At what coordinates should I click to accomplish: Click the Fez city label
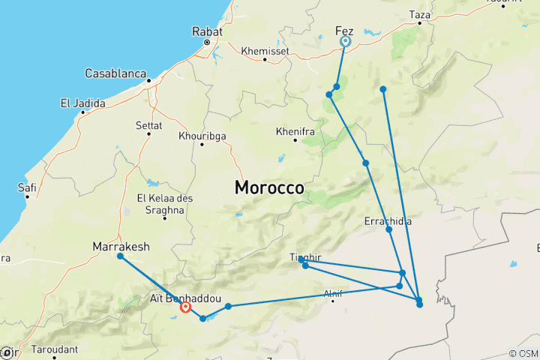344,31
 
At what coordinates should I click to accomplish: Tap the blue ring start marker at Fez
345,42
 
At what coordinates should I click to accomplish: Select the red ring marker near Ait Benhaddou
185,307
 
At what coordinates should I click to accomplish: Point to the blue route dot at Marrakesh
120,256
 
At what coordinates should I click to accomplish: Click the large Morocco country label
269,187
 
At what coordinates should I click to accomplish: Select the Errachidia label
387,221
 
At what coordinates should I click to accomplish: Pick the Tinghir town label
304,257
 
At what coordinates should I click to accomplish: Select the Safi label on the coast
28,187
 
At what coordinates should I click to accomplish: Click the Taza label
420,14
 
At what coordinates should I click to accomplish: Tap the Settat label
148,124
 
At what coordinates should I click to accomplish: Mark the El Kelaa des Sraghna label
160,203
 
